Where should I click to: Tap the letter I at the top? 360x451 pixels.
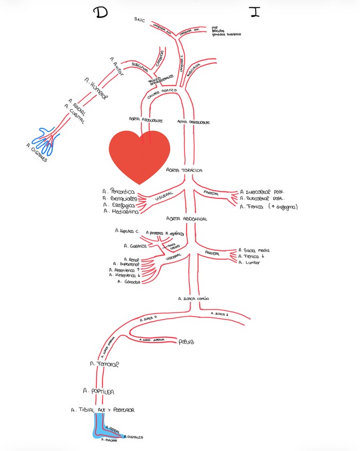tap(255, 13)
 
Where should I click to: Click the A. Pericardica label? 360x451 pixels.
tap(120, 190)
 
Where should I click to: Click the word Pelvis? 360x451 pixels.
tap(187, 341)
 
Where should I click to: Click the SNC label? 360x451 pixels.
tap(140, 20)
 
